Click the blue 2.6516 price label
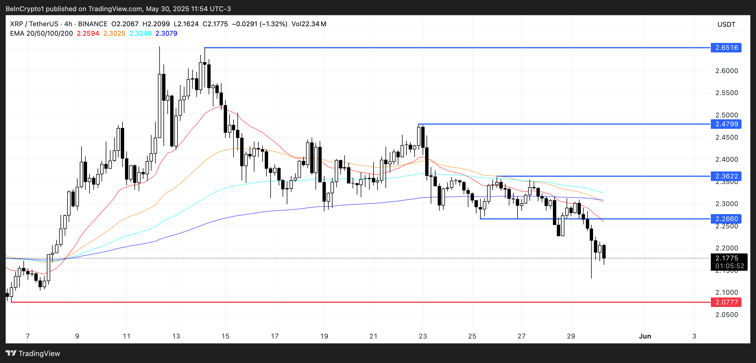726,47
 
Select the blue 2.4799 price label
726,124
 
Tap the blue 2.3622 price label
726,176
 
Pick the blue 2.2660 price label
726,219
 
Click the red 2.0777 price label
726,302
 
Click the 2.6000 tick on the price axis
726,71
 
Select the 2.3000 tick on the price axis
726,204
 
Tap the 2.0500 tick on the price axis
726,314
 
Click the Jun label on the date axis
645,336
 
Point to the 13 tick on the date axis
176,336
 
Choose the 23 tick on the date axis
423,336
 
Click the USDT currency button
726,24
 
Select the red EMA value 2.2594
88,33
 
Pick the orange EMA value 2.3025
114,33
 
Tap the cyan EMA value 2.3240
140,33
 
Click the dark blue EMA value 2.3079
166,33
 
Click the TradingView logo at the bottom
33,353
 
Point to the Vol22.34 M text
309,24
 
